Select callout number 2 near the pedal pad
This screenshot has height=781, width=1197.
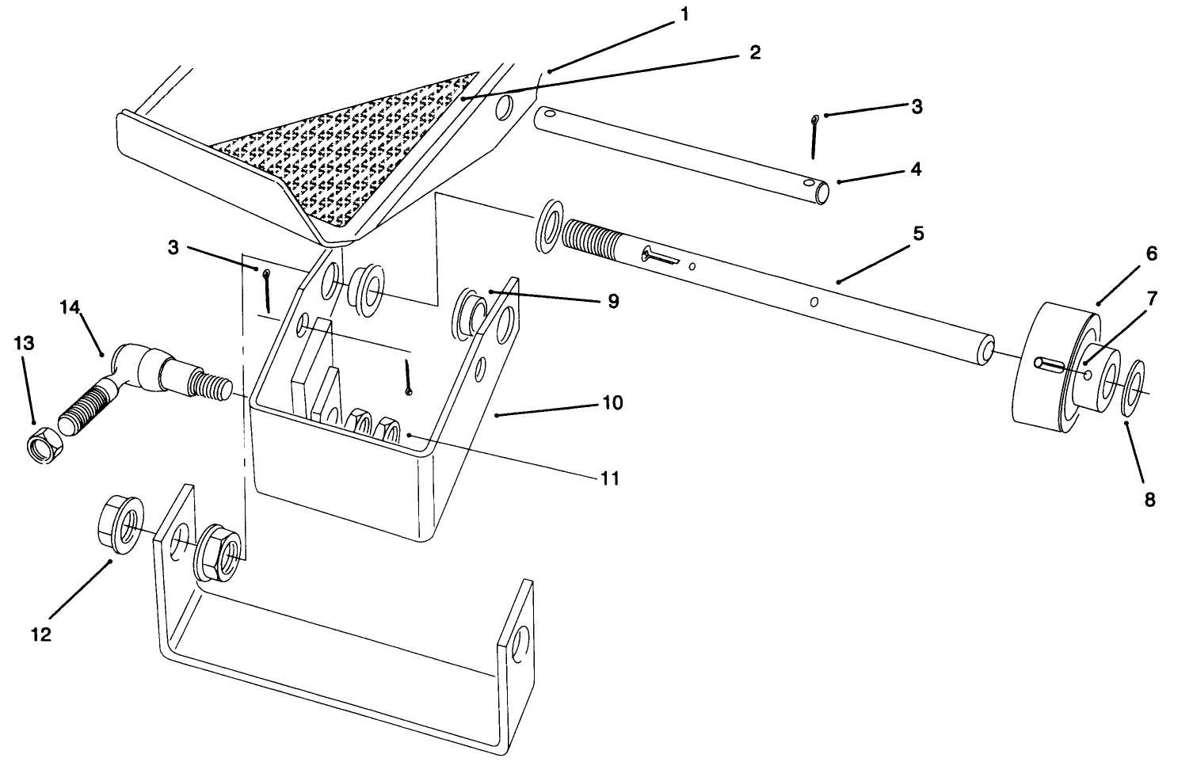(x=754, y=52)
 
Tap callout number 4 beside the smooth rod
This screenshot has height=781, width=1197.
(x=916, y=170)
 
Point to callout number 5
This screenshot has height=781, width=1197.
(x=917, y=234)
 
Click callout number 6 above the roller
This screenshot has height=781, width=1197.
(x=1151, y=253)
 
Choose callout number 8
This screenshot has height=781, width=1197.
(x=1149, y=500)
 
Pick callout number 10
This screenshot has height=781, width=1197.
(x=612, y=402)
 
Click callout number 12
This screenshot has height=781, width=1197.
(x=41, y=634)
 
